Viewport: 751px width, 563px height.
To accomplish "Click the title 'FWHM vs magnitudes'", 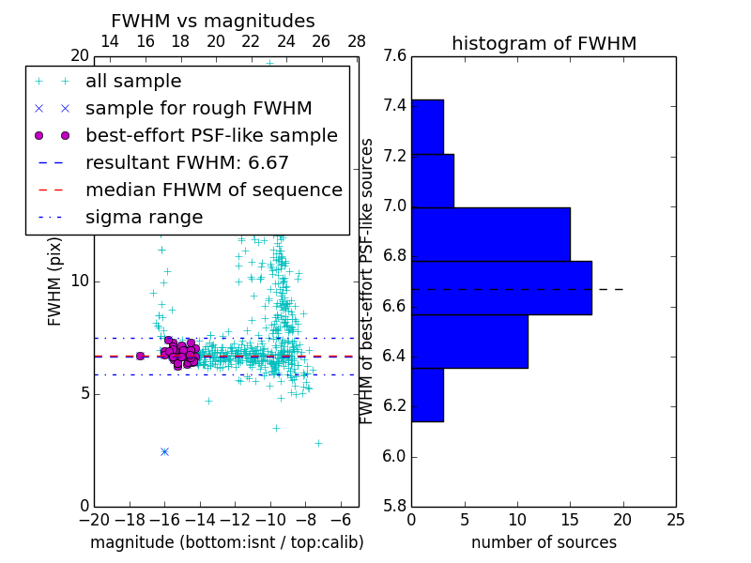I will coord(213,22).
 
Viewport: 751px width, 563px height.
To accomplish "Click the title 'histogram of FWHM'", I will coord(544,43).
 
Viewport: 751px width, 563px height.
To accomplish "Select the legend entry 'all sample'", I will coord(133,82).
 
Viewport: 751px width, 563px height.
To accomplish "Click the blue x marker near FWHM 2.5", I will coord(165,451).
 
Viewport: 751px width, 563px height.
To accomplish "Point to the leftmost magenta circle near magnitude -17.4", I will coord(140,356).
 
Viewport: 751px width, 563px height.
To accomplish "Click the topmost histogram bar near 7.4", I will coord(427,127).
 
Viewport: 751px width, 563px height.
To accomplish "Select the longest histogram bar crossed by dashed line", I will coord(501,287).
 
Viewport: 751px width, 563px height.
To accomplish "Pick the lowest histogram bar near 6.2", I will coord(427,395).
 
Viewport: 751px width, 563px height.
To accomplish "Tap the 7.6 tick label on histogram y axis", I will coord(395,55).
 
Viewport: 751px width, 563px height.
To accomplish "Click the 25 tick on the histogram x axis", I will coord(675,520).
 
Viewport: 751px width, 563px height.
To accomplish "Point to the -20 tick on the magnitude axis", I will coord(94,520).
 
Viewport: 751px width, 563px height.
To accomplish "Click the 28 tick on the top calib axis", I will coord(357,41).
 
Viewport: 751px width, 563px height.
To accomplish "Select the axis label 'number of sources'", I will coord(544,542).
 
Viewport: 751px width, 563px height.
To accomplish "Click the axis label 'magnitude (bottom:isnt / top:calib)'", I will coord(226,542).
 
